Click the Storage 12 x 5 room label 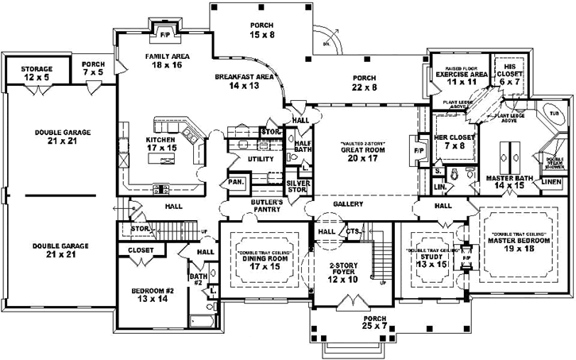(36, 74)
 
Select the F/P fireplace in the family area (164, 35)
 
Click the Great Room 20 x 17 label (364, 153)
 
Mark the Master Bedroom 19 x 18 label (520, 243)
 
